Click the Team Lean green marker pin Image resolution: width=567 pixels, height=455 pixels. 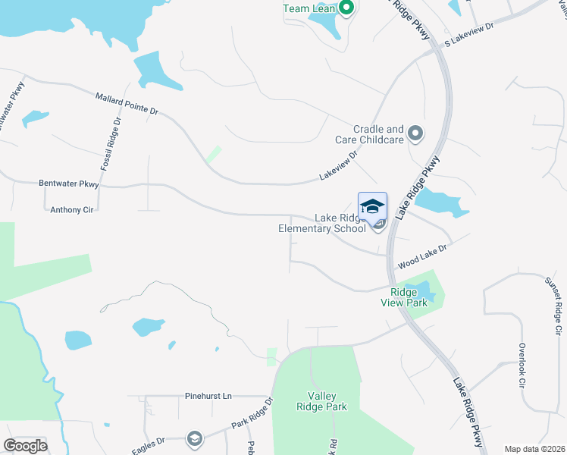point(346,9)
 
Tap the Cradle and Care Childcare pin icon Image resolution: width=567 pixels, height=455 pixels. point(415,134)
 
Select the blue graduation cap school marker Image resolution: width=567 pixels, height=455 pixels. point(372,207)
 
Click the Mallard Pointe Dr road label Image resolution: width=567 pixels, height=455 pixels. point(127,104)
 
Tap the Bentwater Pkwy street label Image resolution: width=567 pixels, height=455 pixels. point(69,184)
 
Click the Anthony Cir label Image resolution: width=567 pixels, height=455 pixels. point(71,210)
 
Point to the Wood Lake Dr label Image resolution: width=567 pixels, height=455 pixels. point(422,256)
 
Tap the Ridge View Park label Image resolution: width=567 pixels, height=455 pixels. point(409,297)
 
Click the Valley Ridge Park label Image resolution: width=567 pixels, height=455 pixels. point(321,401)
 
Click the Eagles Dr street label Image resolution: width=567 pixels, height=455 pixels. point(149,443)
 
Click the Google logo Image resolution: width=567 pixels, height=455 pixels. point(25,446)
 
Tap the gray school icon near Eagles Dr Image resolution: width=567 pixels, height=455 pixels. point(194,438)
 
